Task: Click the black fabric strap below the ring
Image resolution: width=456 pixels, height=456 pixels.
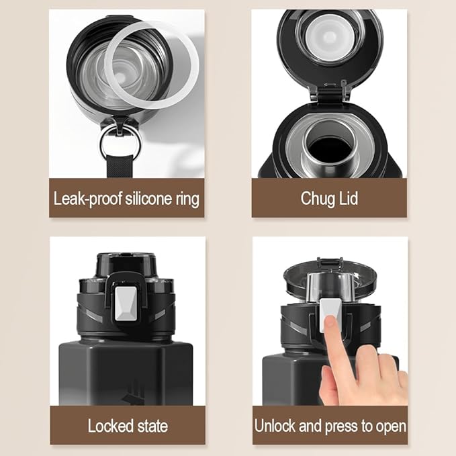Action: (x=120, y=167)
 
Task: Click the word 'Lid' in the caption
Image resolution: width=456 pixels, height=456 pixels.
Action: (x=348, y=198)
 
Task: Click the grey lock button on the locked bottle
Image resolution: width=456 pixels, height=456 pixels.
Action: (x=126, y=304)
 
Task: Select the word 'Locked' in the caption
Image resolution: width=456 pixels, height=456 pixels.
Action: (x=111, y=426)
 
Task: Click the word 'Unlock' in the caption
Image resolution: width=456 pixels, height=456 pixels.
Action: (x=275, y=426)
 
